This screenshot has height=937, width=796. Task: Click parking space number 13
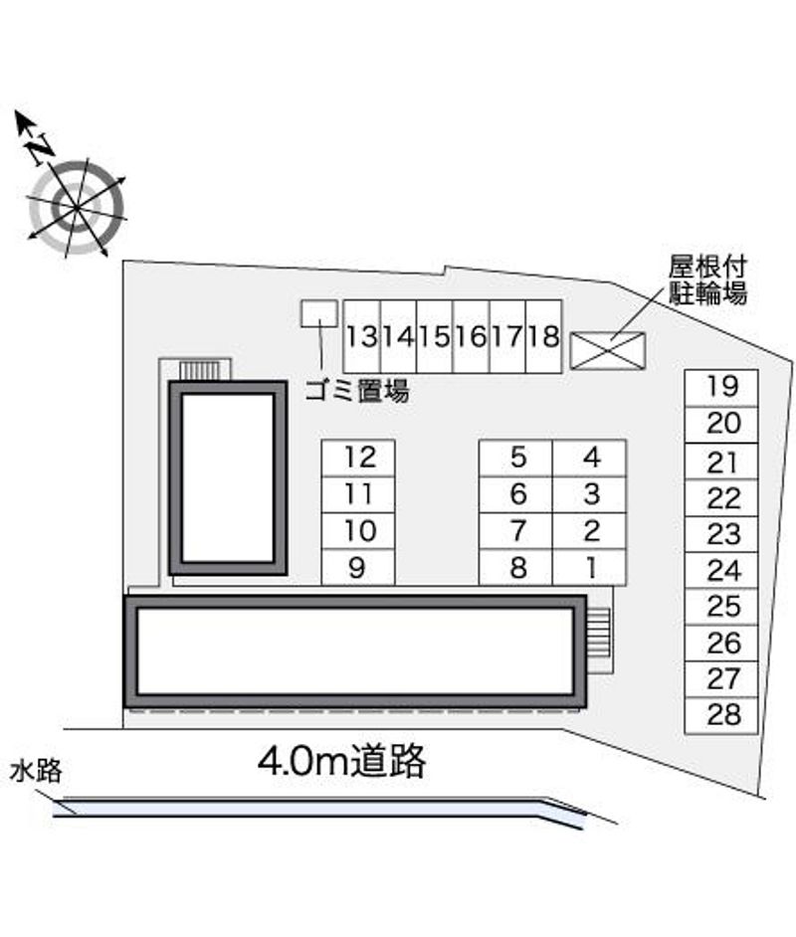pos(362,336)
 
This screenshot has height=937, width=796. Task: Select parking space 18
pos(544,336)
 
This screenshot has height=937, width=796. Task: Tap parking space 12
pos(358,459)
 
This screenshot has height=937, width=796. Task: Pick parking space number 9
pos(358,567)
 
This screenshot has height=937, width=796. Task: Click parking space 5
pos(516,459)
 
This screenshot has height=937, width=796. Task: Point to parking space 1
pos(590,567)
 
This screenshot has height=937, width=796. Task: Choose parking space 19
pos(721,388)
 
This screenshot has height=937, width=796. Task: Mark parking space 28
pos(721,715)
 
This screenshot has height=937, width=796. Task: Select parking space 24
pos(721,571)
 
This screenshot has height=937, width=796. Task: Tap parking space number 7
pos(516,531)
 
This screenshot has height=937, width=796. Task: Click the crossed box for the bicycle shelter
pos(608,350)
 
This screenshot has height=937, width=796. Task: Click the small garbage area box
pos(319,313)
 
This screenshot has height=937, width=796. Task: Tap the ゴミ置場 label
pos(357,392)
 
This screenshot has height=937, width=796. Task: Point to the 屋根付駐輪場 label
pos(707,281)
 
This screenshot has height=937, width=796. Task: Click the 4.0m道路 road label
pos(342,761)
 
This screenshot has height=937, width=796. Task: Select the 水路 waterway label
pos(37,771)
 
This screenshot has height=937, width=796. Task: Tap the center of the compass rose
pos(77,207)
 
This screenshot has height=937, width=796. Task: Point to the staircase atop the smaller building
pos(200,370)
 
